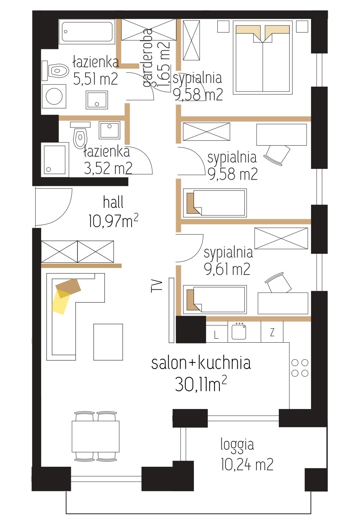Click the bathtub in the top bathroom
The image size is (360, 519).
87,32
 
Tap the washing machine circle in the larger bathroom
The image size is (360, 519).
54,97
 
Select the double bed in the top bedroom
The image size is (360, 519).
262,57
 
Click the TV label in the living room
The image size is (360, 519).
156,286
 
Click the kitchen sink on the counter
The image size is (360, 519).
239,331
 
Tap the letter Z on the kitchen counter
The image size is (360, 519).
272,333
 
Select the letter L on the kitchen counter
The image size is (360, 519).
216,335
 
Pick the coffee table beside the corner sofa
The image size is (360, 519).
108,342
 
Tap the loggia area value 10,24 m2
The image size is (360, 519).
247,464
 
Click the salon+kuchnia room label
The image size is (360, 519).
201,363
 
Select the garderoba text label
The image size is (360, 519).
147,57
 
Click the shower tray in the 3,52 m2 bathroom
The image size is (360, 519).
55,160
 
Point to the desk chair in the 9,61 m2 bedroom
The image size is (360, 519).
278,282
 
